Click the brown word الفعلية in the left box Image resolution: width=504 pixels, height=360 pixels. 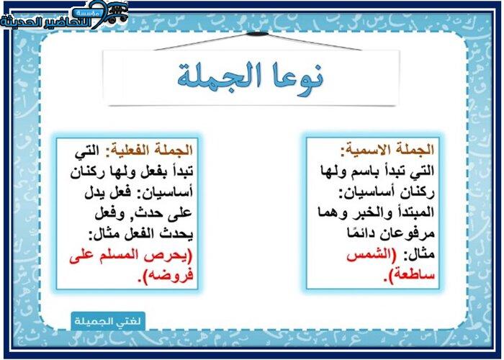125,150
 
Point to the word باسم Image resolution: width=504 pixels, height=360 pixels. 362,171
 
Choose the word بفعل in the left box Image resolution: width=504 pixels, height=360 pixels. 156,171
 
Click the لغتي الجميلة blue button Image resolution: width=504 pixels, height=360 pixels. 108,321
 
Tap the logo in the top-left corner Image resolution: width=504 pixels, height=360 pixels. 64,15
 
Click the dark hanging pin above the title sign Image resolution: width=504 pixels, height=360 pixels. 257,34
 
